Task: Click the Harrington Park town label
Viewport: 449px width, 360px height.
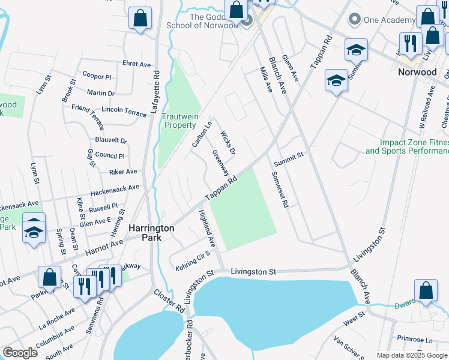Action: point(152,233)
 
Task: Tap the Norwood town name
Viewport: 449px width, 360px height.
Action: point(417,72)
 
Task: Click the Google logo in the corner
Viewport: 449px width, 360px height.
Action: point(20,353)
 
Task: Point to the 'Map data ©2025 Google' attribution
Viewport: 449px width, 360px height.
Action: point(412,355)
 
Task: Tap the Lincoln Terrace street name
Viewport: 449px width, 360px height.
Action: point(124,112)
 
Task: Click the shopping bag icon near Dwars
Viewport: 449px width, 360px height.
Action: point(426,290)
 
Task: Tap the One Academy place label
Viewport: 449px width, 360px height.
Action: point(389,20)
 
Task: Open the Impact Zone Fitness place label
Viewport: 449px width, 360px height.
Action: point(408,147)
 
